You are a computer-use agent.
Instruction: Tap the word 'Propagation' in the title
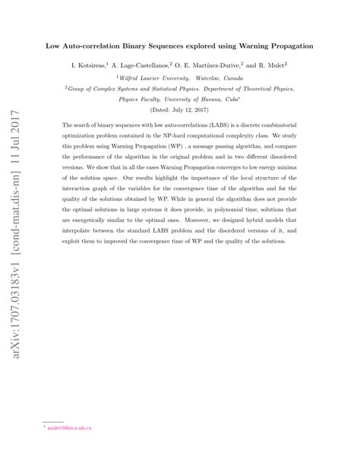click(286, 46)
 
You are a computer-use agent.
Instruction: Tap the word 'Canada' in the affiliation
click(245, 78)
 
